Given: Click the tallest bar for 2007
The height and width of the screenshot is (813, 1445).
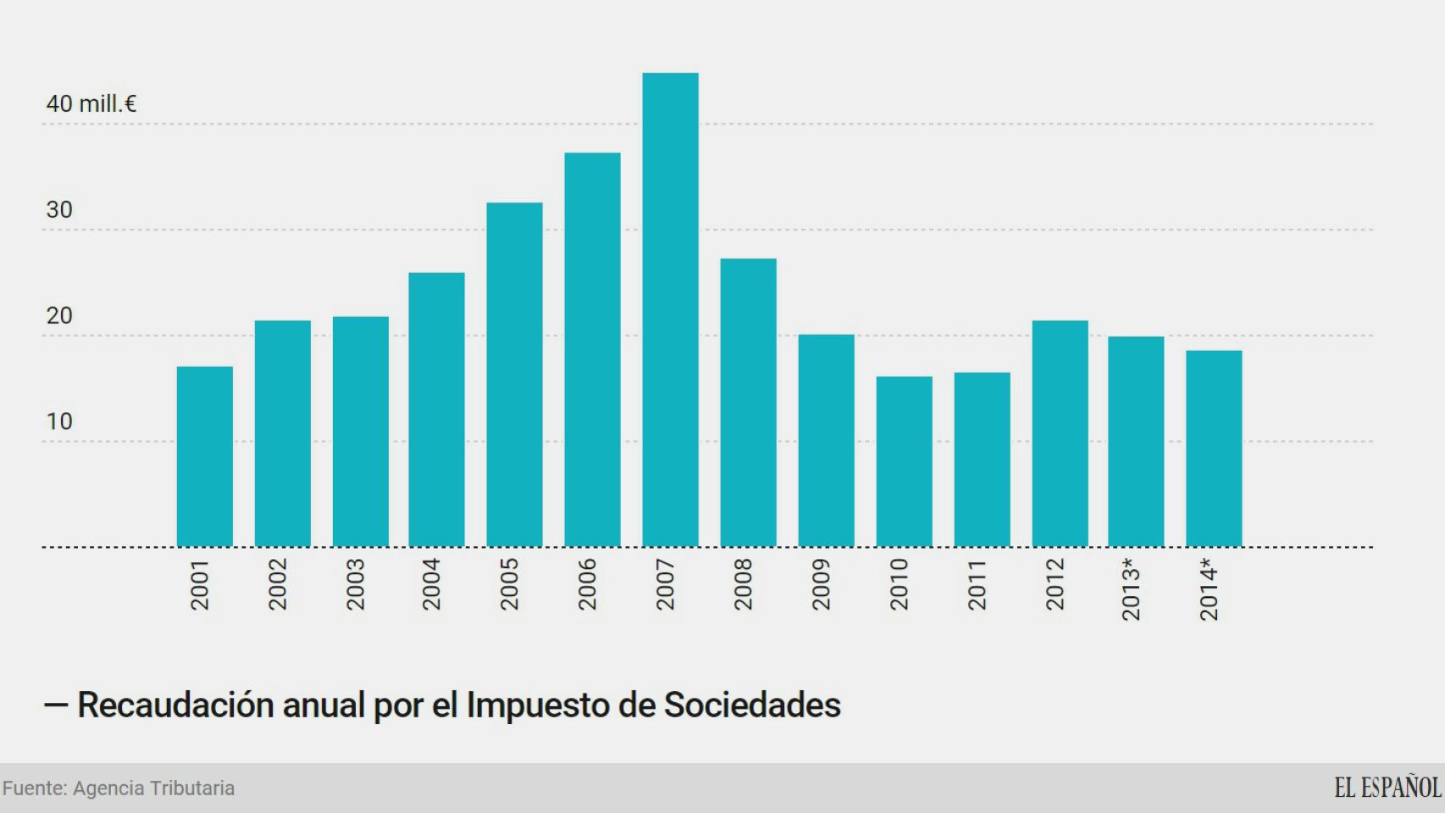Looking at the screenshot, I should (x=670, y=310).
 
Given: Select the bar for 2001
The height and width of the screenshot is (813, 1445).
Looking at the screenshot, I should (x=204, y=456).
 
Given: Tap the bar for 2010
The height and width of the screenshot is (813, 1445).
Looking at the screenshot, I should (x=904, y=462).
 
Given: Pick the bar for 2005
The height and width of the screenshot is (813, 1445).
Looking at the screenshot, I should (x=514, y=374).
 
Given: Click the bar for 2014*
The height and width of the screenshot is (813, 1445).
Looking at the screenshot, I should (x=1214, y=449).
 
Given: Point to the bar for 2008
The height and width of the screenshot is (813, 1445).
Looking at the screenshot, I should (x=748, y=402).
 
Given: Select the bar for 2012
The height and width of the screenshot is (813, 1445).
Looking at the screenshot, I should (x=1060, y=434).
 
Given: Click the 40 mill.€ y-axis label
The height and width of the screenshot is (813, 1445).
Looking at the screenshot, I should (x=91, y=104).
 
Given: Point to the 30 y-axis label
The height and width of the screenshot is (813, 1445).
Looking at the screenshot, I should (x=59, y=210).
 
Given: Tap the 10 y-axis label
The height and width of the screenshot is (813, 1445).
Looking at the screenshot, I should (x=59, y=422).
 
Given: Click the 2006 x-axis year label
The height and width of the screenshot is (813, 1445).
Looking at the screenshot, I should (x=587, y=584).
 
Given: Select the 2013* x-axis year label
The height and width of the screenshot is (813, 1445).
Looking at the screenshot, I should (x=1131, y=589).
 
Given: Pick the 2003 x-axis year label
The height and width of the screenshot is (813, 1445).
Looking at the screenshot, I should (x=355, y=584).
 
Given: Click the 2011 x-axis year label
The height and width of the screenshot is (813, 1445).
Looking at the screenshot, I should (x=977, y=584).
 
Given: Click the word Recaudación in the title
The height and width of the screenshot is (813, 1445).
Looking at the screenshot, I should (x=175, y=705).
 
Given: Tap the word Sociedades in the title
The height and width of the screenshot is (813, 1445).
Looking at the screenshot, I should (x=751, y=705).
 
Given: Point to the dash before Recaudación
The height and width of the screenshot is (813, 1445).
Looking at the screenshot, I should (x=56, y=705).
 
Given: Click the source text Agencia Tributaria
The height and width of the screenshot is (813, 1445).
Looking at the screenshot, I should (x=153, y=788).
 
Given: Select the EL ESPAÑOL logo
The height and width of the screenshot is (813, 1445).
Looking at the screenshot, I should (x=1387, y=788).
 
